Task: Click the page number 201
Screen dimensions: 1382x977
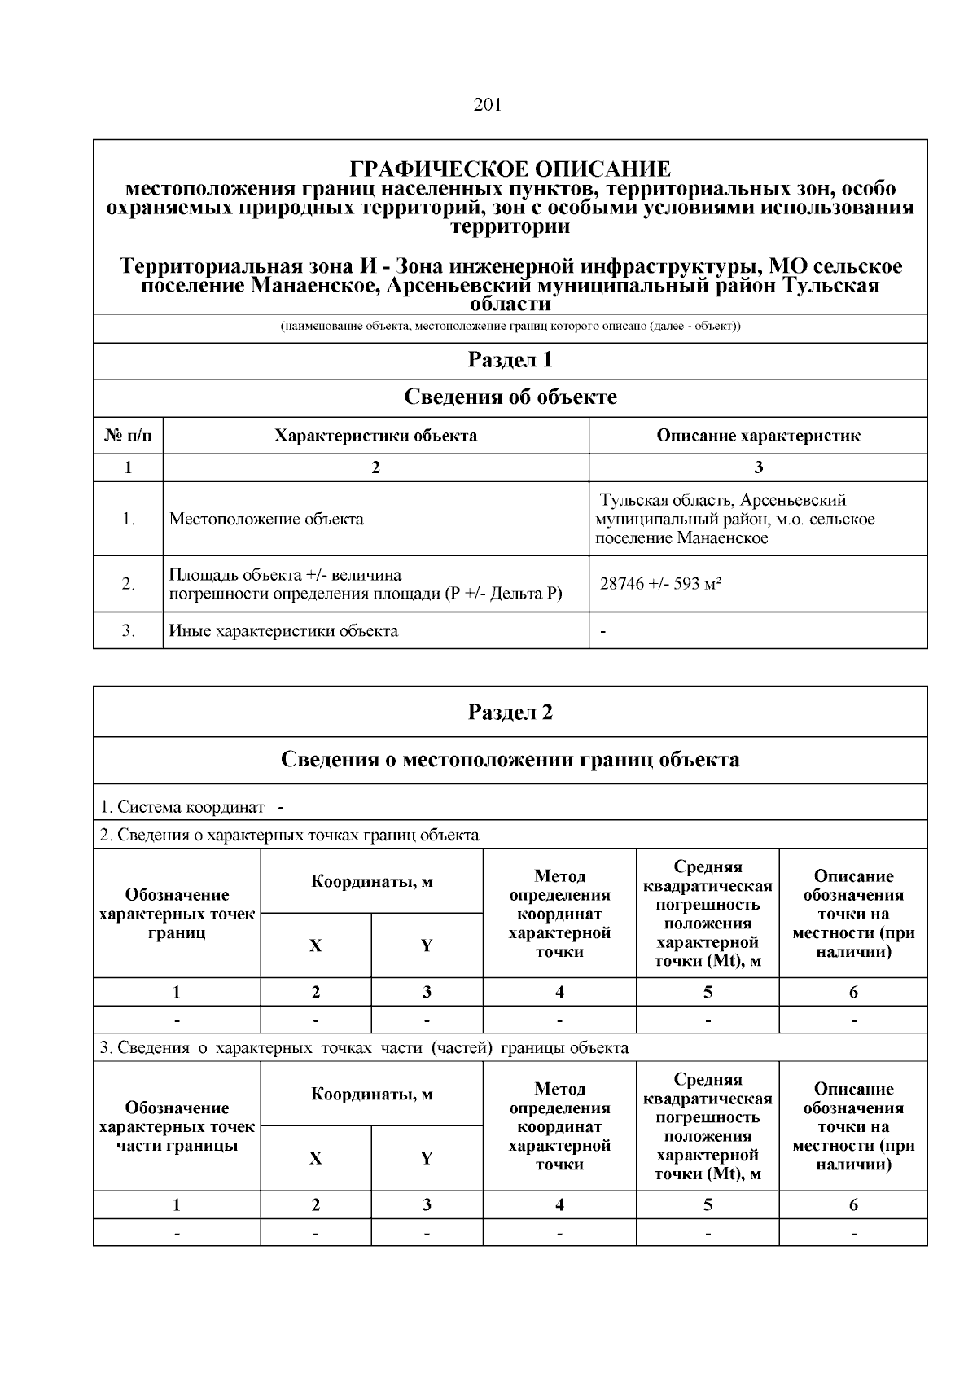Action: [x=487, y=104]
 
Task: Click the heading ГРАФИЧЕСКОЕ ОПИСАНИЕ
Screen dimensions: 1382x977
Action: [x=510, y=169]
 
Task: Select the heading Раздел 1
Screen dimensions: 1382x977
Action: [x=510, y=360]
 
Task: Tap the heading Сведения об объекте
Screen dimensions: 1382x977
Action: [x=510, y=397]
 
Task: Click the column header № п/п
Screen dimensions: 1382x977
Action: [x=128, y=436]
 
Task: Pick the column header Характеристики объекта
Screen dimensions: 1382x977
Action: [x=375, y=436]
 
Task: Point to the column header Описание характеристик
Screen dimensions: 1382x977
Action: [x=758, y=436]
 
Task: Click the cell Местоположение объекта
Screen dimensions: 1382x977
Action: [x=266, y=519]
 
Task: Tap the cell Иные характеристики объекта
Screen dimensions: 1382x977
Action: [x=283, y=630]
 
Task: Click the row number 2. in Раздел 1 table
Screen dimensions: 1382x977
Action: [x=128, y=584]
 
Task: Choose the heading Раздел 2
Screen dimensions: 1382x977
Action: [x=510, y=713]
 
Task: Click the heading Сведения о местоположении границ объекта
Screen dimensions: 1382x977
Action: [x=510, y=760]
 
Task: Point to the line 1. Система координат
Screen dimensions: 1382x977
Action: [x=182, y=807]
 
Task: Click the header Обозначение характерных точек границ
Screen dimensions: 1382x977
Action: [x=177, y=914]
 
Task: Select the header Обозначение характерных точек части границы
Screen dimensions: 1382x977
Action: [x=177, y=1126]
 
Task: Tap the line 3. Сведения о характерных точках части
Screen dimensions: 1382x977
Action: [x=364, y=1047]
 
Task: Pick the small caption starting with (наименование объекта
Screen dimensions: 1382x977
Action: [x=510, y=327]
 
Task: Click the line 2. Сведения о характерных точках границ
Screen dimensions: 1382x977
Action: [x=289, y=835]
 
